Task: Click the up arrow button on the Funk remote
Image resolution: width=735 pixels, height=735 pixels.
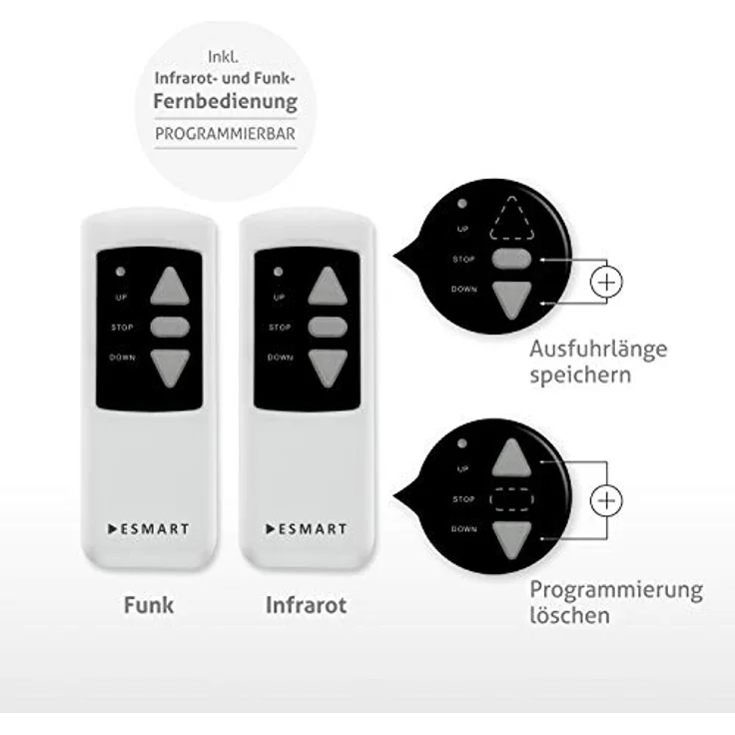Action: tap(170, 287)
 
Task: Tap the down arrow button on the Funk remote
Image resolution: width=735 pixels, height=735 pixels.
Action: tap(170, 367)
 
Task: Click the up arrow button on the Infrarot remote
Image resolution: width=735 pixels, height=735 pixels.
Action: tap(328, 287)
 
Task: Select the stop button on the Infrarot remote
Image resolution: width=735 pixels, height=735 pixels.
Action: tap(328, 328)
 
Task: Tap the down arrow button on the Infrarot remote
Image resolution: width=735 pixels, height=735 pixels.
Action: tap(328, 367)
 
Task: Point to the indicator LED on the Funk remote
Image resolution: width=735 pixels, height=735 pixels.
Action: tap(121, 272)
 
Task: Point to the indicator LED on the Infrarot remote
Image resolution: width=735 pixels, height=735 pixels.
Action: tap(278, 272)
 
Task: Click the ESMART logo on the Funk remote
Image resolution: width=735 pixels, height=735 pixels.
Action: tap(148, 529)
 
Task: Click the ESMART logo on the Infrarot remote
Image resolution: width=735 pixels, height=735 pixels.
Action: tap(307, 529)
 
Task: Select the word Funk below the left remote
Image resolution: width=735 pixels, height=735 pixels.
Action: tap(149, 605)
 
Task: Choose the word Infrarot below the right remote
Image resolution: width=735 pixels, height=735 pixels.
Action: tap(307, 605)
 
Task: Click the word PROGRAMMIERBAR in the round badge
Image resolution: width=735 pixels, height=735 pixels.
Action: tap(225, 134)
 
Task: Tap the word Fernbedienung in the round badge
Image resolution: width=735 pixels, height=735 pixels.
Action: tap(226, 102)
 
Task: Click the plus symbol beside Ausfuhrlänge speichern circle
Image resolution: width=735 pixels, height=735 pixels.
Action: tap(606, 283)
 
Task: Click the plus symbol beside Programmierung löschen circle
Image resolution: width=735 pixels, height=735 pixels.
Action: tap(606, 500)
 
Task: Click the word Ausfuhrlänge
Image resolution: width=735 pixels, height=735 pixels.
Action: tap(598, 350)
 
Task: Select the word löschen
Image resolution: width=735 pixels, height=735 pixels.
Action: tap(570, 615)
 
